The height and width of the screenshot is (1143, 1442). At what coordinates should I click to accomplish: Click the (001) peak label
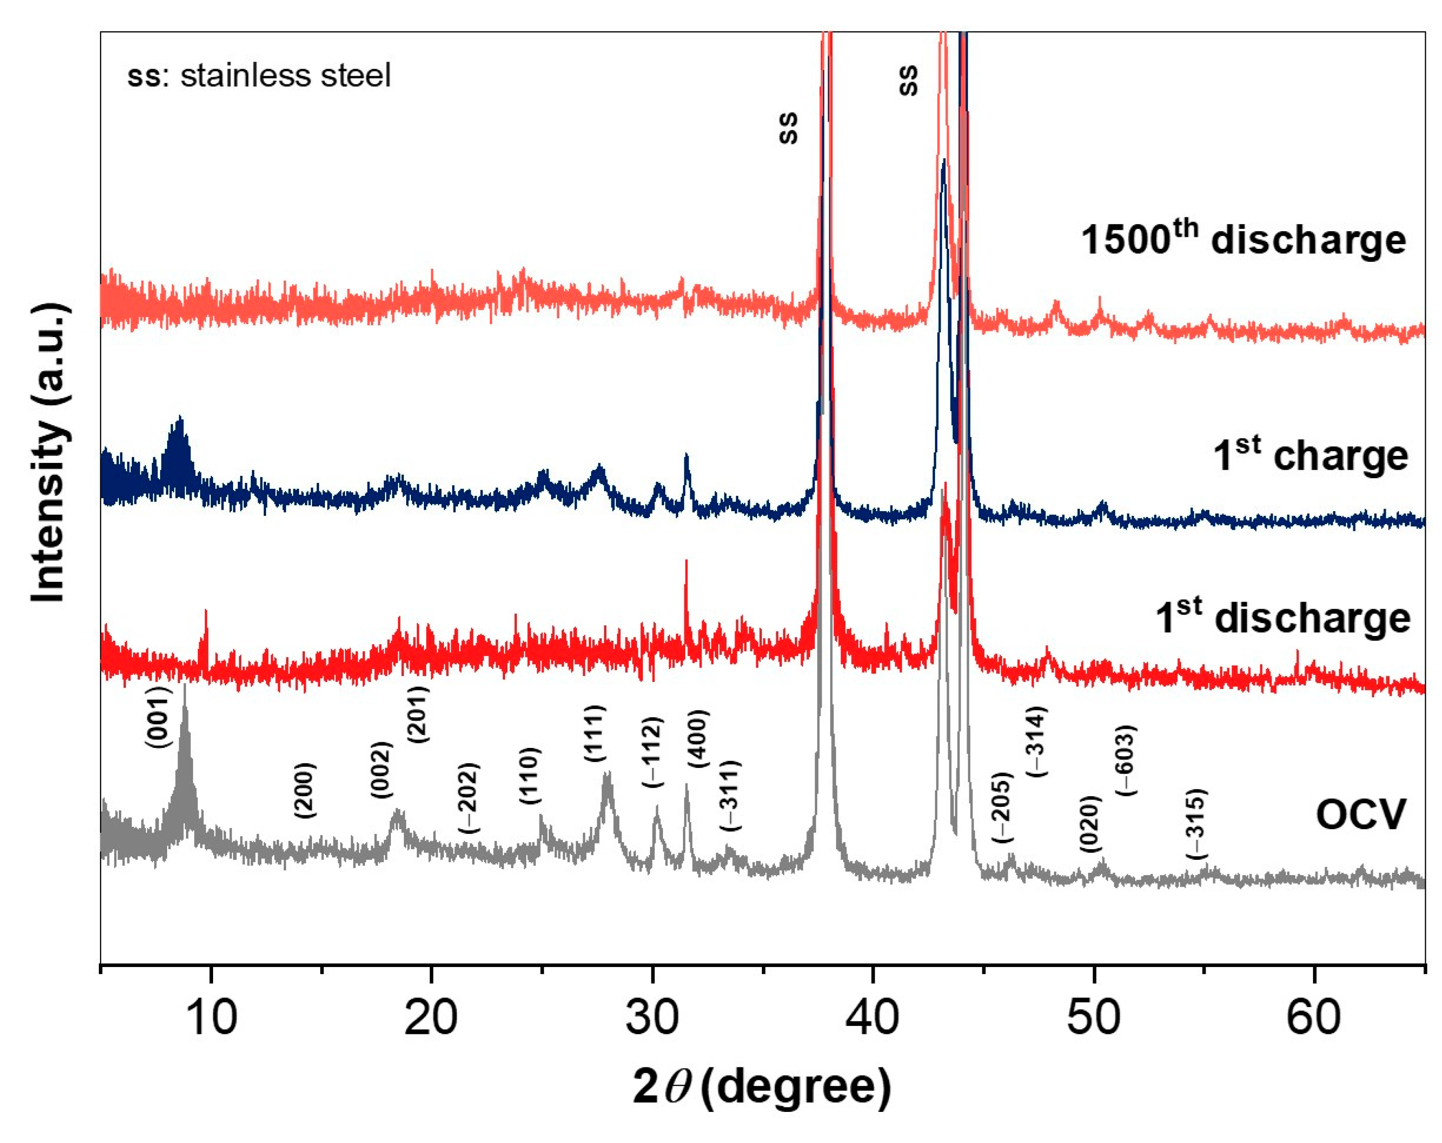159,717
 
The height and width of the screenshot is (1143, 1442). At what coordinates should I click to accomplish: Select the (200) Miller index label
305,791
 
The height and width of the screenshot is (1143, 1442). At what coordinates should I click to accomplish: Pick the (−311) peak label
731,796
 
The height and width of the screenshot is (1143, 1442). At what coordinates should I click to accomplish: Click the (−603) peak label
1126,760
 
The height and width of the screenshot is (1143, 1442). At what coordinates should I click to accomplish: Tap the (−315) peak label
1196,824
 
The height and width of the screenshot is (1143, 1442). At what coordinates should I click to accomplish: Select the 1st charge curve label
1310,455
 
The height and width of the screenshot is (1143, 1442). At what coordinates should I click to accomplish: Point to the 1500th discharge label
1243,240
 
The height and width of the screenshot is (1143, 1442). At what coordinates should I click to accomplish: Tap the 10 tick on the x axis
211,1017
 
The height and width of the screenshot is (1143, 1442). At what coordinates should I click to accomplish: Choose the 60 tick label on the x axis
1313,1017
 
